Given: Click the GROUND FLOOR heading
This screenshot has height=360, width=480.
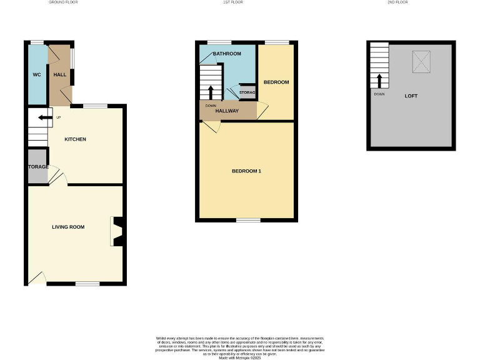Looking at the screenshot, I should [63, 2].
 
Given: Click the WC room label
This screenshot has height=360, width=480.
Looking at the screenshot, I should [36, 75].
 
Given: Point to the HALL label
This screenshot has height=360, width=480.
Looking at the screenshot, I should [60, 75].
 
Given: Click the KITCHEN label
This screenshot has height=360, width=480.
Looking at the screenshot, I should [75, 139].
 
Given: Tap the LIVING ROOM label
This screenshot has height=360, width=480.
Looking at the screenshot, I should [68, 227].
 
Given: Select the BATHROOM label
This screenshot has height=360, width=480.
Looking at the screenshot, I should [227, 54].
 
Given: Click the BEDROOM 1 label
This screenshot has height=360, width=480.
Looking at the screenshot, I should [246, 171].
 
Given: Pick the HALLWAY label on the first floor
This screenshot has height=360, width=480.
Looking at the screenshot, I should [227, 111].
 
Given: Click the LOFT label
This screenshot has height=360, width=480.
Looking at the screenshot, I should [411, 96].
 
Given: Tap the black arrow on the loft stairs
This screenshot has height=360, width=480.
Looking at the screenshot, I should [379, 81].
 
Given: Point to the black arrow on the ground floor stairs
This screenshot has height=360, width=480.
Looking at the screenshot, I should [44, 117].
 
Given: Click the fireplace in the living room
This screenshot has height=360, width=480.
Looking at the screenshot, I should [117, 231].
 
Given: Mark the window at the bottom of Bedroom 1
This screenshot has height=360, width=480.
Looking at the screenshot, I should [248, 220].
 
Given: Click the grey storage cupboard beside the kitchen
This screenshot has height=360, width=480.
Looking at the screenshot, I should [37, 166].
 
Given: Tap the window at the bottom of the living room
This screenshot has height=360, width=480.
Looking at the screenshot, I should [87, 284].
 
